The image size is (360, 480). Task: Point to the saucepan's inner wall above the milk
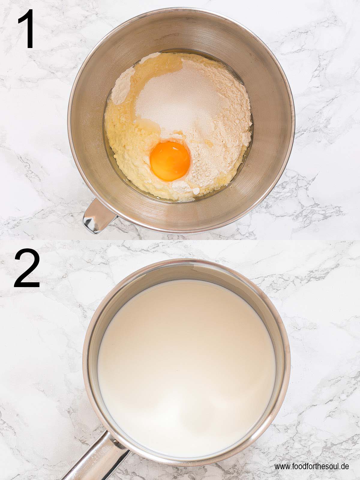(186, 271)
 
